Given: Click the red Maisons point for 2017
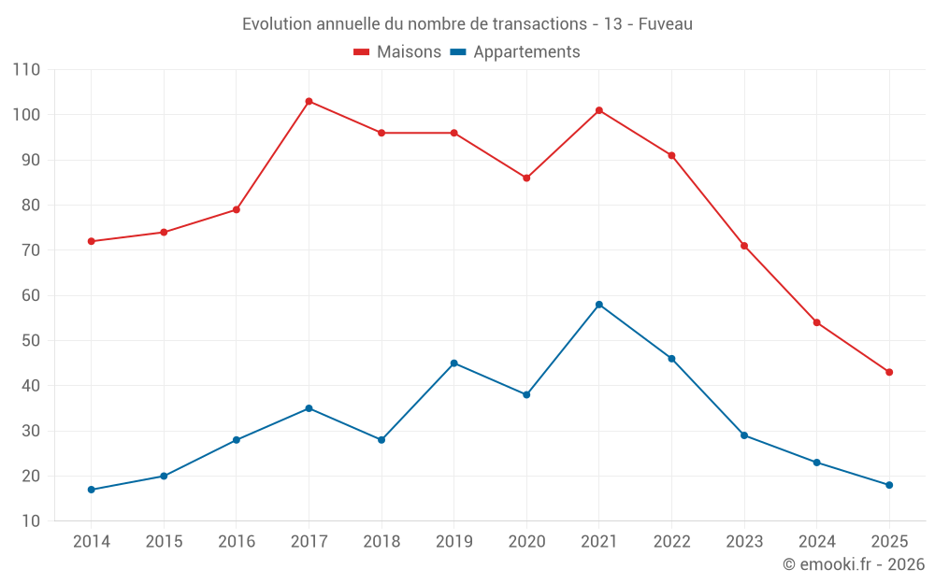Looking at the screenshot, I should [309, 101].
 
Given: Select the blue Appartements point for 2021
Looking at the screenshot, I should [599, 305].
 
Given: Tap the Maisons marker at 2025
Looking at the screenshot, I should [889, 372].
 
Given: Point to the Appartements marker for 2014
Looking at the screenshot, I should [91, 490].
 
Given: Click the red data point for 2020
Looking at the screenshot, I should [526, 178].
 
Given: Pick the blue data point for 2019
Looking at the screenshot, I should [454, 363].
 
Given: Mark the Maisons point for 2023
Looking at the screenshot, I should [744, 246].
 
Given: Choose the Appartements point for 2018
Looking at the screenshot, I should [381, 439].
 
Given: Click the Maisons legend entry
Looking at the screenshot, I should [397, 52].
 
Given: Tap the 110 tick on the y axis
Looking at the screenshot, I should [27, 70].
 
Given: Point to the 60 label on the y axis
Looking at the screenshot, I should [31, 295].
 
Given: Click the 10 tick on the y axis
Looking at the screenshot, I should [31, 521].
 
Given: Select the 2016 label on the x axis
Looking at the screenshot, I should [237, 542].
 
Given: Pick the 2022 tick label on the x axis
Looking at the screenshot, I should [671, 542].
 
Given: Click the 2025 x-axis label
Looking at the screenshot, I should [889, 542].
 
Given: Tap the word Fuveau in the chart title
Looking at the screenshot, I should [666, 24].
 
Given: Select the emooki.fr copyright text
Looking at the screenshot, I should [854, 564].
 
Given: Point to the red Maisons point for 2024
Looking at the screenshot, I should [816, 322].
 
